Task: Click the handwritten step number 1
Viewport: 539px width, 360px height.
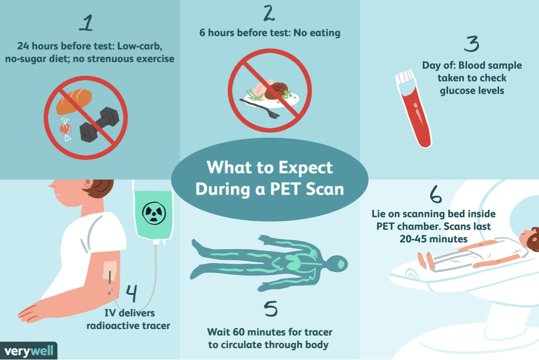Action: [x=86, y=24]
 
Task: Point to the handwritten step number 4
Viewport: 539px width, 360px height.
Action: [x=131, y=293]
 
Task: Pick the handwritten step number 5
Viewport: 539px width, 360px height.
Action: [x=270, y=309]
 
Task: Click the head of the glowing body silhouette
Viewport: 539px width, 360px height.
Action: [x=339, y=264]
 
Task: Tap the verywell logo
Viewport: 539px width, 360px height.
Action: [x=28, y=351]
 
